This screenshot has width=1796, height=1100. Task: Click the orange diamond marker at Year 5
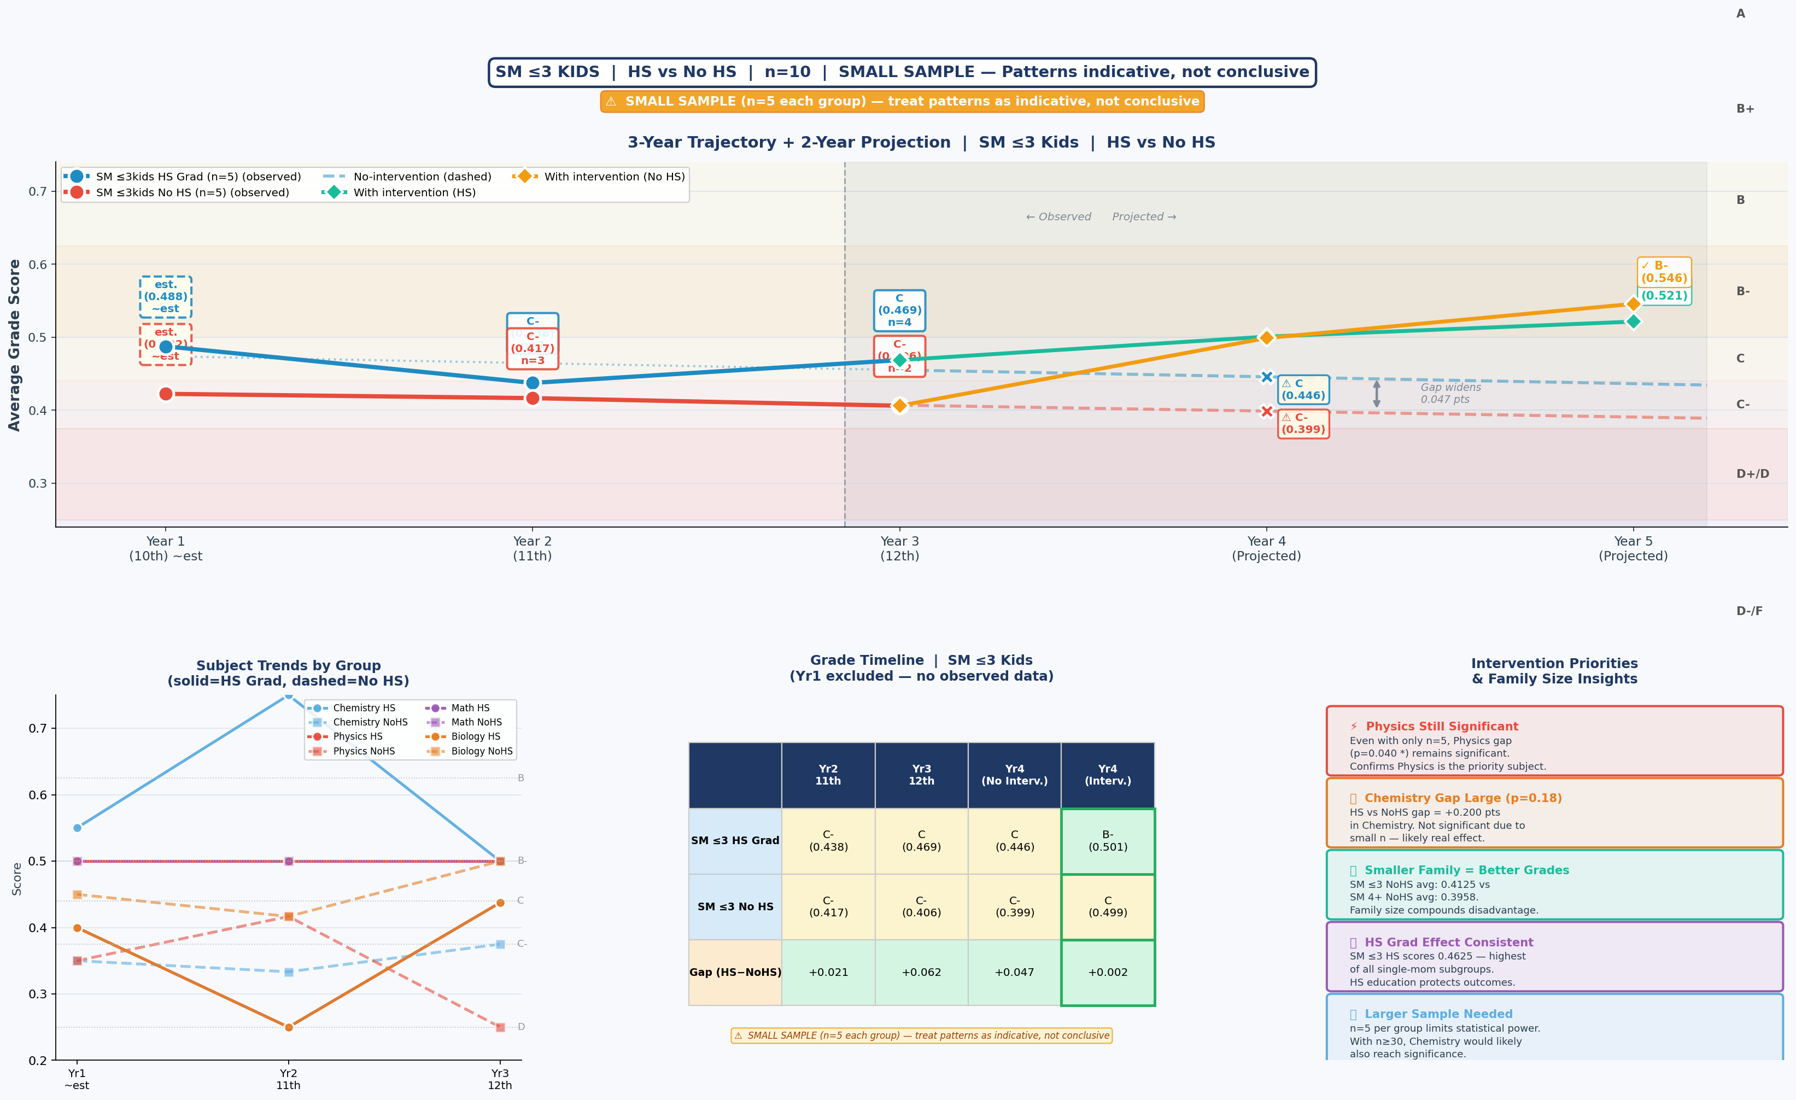point(1633,304)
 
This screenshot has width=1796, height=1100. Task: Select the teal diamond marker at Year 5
point(1633,321)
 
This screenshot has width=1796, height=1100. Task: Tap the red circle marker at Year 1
point(166,394)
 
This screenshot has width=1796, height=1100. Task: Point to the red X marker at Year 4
point(1267,411)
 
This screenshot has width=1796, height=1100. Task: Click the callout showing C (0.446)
point(1302,389)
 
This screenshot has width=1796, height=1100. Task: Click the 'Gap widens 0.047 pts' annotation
point(1450,393)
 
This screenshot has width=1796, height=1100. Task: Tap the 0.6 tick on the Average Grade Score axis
point(38,265)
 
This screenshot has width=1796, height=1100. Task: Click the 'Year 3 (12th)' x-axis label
point(899,548)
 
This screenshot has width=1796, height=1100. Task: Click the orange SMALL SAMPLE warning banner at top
point(902,101)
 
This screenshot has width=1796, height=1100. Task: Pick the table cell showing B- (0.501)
point(1107,840)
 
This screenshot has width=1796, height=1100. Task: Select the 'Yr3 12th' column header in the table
point(921,774)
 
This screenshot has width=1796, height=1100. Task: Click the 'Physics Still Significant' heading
point(1441,726)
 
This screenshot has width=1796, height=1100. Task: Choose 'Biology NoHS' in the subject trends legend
point(481,751)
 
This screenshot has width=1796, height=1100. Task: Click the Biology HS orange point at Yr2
point(289,1027)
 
